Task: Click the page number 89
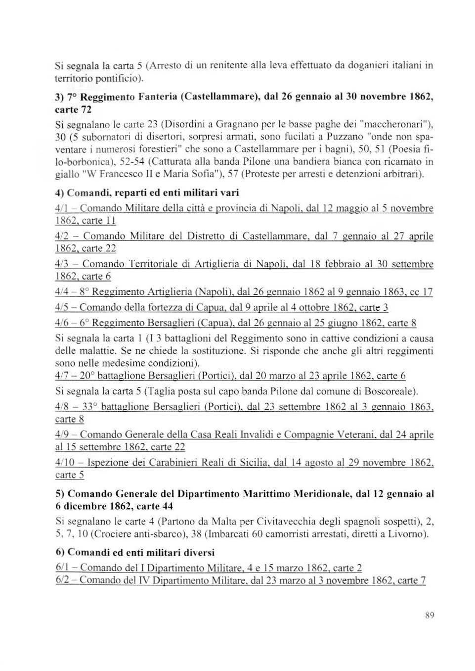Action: [x=429, y=615]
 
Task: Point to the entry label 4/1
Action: [x=62, y=208]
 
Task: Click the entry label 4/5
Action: [x=62, y=307]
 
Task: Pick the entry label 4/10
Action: [x=64, y=463]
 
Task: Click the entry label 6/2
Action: [x=62, y=580]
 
